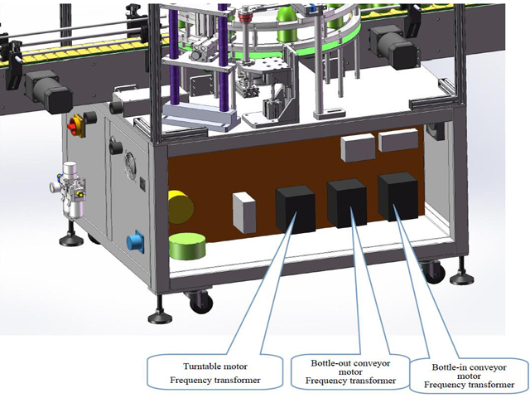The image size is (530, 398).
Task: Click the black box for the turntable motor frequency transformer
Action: coord(294,208)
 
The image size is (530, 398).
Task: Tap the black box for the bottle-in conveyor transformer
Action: coord(397,196)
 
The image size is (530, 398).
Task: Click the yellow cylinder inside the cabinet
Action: coord(181,207)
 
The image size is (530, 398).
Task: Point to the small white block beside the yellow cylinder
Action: coord(243,212)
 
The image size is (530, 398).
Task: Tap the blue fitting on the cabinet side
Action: coord(133,242)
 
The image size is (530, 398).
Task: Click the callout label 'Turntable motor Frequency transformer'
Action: coord(211,371)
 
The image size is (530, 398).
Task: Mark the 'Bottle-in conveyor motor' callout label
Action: coord(470,373)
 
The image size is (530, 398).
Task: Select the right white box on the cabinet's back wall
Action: coord(397,140)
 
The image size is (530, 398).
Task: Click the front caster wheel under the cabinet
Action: coord(200,305)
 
